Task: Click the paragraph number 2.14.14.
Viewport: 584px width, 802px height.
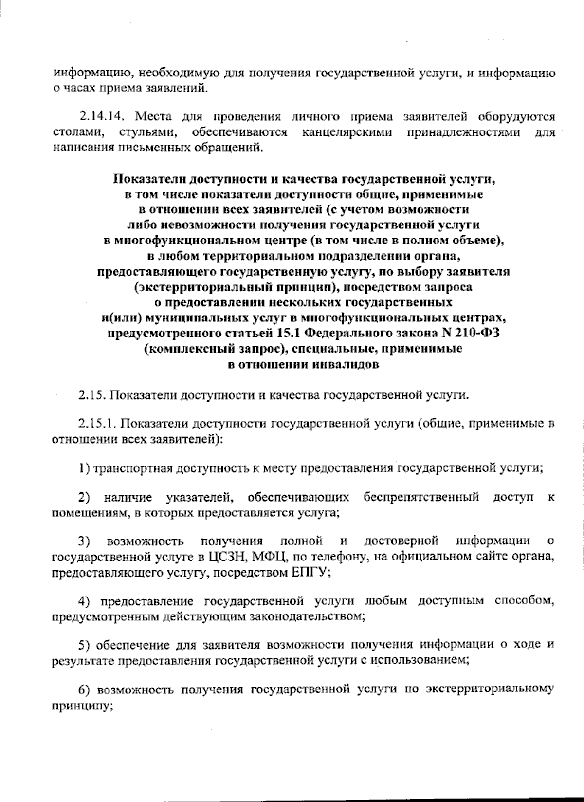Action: [103, 117]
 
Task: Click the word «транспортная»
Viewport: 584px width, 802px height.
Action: [131, 468]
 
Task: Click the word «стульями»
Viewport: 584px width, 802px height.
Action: [146, 132]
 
